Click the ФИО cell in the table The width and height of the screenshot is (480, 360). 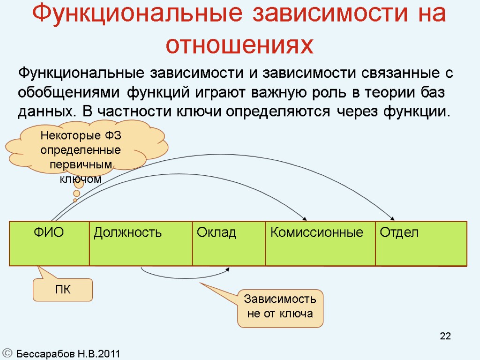pos(49,243)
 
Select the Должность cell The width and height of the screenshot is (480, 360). pos(141,243)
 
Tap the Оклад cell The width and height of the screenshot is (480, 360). pos(229,243)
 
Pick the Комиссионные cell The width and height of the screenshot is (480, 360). pos(320,243)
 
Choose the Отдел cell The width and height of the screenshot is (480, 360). pos(421,243)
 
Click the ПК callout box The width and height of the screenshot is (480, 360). pos(62,290)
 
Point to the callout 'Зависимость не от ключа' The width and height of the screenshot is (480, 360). pos(280,307)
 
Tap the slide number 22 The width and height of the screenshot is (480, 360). pos(445,336)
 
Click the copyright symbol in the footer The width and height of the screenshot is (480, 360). pos(7,353)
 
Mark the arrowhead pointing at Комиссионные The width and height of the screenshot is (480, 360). pos(305,218)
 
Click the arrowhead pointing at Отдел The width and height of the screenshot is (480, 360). pos(392,218)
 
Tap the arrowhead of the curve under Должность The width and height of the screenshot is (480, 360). pos(228,269)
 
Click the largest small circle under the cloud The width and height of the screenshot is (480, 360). pos(79,183)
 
